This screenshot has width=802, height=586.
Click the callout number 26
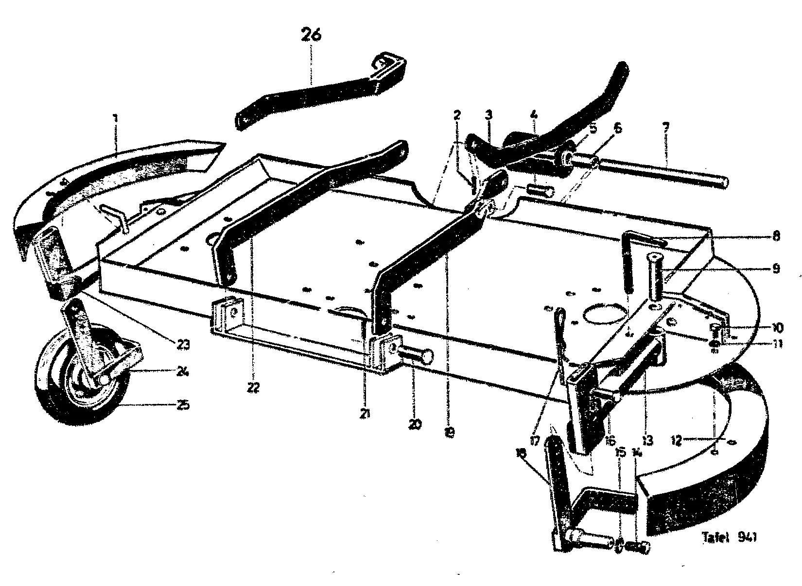coord(311,36)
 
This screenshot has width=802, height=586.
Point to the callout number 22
coord(253,387)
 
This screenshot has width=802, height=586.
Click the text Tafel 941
coord(729,537)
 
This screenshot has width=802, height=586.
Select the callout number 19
coord(449,431)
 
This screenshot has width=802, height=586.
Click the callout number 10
coord(776,327)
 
